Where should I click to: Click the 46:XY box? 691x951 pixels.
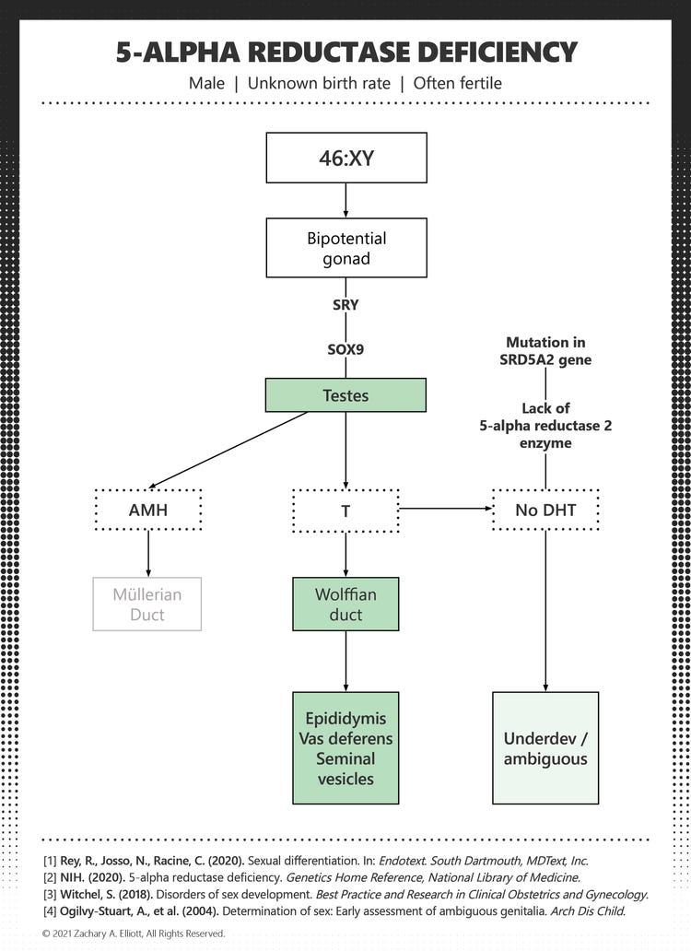pos(345,158)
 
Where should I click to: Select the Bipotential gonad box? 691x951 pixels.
pos(345,248)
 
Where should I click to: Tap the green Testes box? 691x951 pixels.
pos(345,394)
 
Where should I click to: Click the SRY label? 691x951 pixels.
pos(345,305)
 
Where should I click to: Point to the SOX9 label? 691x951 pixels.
pos(345,350)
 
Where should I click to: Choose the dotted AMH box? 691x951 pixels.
pos(147,509)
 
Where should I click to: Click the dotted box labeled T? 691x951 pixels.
pos(345,509)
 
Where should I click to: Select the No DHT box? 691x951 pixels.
pos(545,509)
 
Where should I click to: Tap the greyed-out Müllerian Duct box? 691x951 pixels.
pos(147,604)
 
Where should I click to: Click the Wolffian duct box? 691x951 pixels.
pos(345,604)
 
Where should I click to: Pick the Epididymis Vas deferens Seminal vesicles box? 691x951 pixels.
pos(345,747)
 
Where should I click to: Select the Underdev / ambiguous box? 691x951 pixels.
pos(545,747)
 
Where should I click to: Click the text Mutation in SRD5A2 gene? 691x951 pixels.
pos(545,350)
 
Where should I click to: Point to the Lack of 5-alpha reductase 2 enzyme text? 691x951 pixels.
pos(545,426)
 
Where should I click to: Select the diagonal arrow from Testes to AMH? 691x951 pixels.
pos(228,450)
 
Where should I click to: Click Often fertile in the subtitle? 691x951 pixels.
pos(457,83)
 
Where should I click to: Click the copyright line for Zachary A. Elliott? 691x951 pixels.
pos(134,933)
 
